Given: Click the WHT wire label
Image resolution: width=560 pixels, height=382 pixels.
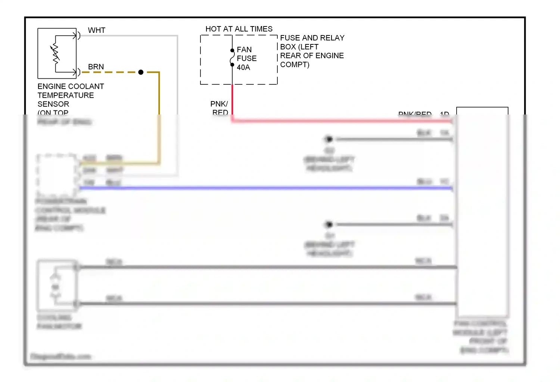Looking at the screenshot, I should tap(97, 30).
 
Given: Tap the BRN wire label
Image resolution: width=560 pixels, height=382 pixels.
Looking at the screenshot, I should tap(96, 67).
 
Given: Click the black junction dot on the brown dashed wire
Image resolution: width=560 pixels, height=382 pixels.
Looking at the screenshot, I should tap(141, 72).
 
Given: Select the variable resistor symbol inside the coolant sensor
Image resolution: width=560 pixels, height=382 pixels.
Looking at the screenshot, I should tap(56, 53).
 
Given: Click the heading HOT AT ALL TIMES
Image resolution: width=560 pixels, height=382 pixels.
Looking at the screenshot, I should tap(239, 29).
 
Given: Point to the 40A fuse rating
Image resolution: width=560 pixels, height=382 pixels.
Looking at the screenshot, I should tap(243, 68).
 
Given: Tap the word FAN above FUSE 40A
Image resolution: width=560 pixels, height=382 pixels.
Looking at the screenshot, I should tap(244, 50).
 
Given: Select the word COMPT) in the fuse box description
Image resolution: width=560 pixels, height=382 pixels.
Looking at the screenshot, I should tap(295, 65).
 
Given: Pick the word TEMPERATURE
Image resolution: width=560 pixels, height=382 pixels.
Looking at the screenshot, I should tap(66, 95).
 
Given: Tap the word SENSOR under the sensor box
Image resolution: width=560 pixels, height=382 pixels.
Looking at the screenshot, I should tap(53, 104).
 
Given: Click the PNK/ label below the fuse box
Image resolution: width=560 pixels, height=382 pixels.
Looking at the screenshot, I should tap(219, 104).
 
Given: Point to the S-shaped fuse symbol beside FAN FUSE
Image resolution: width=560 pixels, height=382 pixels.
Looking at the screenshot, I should tap(232, 58).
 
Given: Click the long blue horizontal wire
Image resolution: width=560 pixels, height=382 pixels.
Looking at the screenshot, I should tap(261, 188).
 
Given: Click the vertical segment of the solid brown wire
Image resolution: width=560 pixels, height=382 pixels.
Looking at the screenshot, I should tap(159, 97).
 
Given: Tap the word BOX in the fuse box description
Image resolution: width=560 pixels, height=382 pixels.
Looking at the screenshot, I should tap(288, 47).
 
